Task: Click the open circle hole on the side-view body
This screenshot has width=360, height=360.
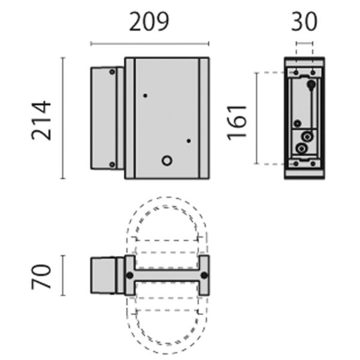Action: tap(167, 160)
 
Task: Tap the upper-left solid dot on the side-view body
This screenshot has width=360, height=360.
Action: tap(145, 95)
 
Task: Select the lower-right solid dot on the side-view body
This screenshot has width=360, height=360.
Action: tap(188, 141)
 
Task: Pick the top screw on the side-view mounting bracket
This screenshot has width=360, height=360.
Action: tap(112, 72)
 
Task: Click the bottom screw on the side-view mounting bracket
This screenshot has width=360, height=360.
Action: tap(112, 164)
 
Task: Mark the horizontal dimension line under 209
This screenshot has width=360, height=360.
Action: tap(149, 43)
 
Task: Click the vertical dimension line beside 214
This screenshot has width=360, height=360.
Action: tap(63, 118)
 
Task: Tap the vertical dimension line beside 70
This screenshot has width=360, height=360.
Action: tap(63, 275)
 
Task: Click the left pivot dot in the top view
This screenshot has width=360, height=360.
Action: tap(129, 275)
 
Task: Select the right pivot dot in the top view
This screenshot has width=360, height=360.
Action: tap(204, 275)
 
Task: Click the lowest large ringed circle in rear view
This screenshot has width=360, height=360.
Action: tap(302, 148)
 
